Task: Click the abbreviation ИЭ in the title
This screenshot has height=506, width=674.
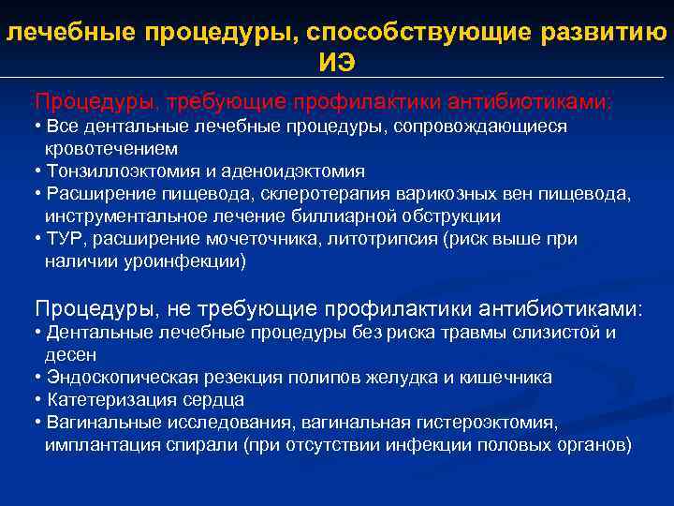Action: tap(337, 63)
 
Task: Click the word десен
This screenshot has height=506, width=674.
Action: tap(70, 355)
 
